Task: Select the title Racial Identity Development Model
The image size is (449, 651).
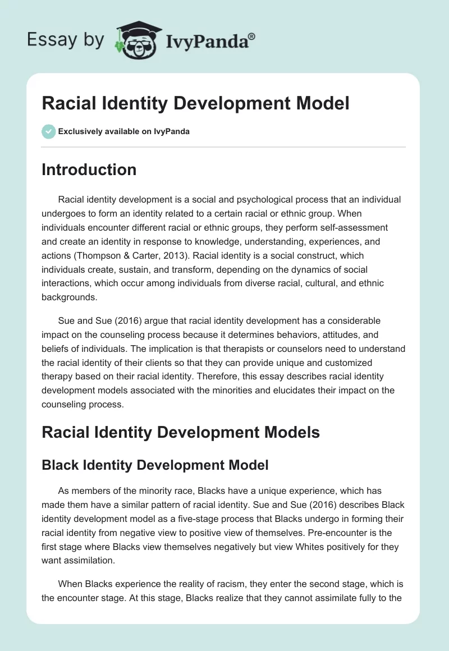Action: [x=195, y=103]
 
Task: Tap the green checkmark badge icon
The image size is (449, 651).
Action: [x=48, y=131]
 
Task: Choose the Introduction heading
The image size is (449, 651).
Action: [x=89, y=169]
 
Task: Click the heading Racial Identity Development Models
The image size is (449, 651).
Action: [x=181, y=432]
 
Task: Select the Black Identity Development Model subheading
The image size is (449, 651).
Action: [x=155, y=465]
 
